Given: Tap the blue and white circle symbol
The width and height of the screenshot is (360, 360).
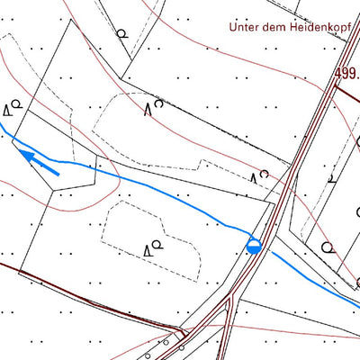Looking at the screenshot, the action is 255,245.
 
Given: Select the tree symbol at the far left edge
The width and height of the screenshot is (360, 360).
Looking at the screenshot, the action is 13,109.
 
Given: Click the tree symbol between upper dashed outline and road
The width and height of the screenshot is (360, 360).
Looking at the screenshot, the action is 259,175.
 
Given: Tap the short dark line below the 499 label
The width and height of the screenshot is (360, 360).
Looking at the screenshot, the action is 347,90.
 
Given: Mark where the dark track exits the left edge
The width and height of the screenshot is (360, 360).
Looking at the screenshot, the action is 1,265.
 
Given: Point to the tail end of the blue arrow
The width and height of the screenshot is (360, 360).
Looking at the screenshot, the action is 59,173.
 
